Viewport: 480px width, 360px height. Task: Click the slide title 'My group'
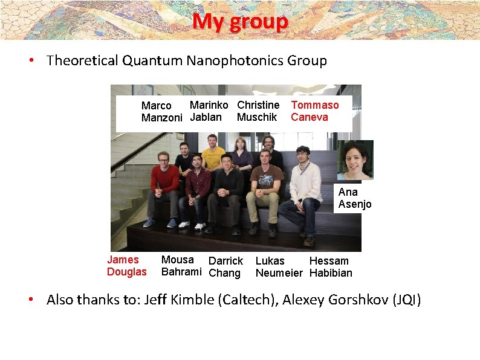point(240,22)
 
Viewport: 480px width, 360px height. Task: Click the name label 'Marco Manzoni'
point(161,112)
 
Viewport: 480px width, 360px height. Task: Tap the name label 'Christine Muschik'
point(258,111)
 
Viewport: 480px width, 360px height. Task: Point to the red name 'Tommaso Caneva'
point(314,111)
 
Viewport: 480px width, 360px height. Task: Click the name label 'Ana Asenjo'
point(354,198)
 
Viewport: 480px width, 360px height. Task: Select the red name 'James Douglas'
point(126,266)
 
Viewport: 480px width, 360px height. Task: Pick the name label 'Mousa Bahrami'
point(181,266)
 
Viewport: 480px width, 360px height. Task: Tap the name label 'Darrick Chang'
point(225,267)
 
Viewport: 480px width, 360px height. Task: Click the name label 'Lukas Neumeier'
point(278,267)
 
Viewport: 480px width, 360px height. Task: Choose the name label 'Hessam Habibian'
point(331,267)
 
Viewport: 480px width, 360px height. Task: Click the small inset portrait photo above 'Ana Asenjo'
point(354,160)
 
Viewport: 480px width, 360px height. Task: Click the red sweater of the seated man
point(164,179)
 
